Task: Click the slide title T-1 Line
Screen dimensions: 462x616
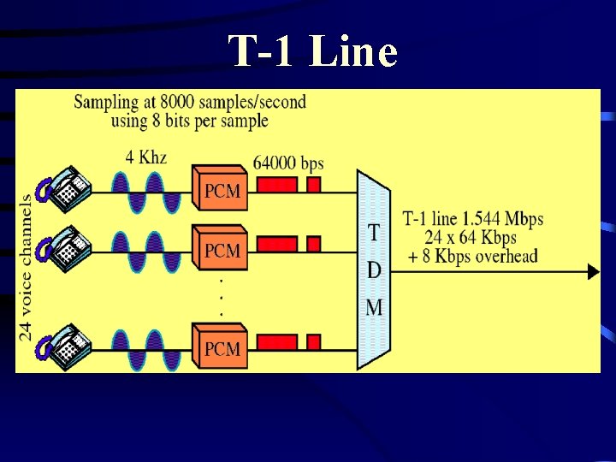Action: coord(313,52)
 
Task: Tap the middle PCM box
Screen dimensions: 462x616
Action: coord(221,250)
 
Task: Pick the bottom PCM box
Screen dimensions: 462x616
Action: coord(221,348)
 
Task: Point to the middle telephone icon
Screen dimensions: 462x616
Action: coord(63,247)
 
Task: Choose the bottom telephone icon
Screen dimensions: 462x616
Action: coord(63,346)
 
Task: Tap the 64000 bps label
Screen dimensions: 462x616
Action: coord(288,163)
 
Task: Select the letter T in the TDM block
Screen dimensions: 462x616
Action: coord(374,233)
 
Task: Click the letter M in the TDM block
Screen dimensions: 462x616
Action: coord(374,306)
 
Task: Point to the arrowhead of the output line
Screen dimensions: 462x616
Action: coord(592,272)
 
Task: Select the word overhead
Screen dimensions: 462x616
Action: coord(506,256)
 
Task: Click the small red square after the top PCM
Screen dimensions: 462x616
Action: coord(313,185)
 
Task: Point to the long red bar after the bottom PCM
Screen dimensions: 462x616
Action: coord(276,342)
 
